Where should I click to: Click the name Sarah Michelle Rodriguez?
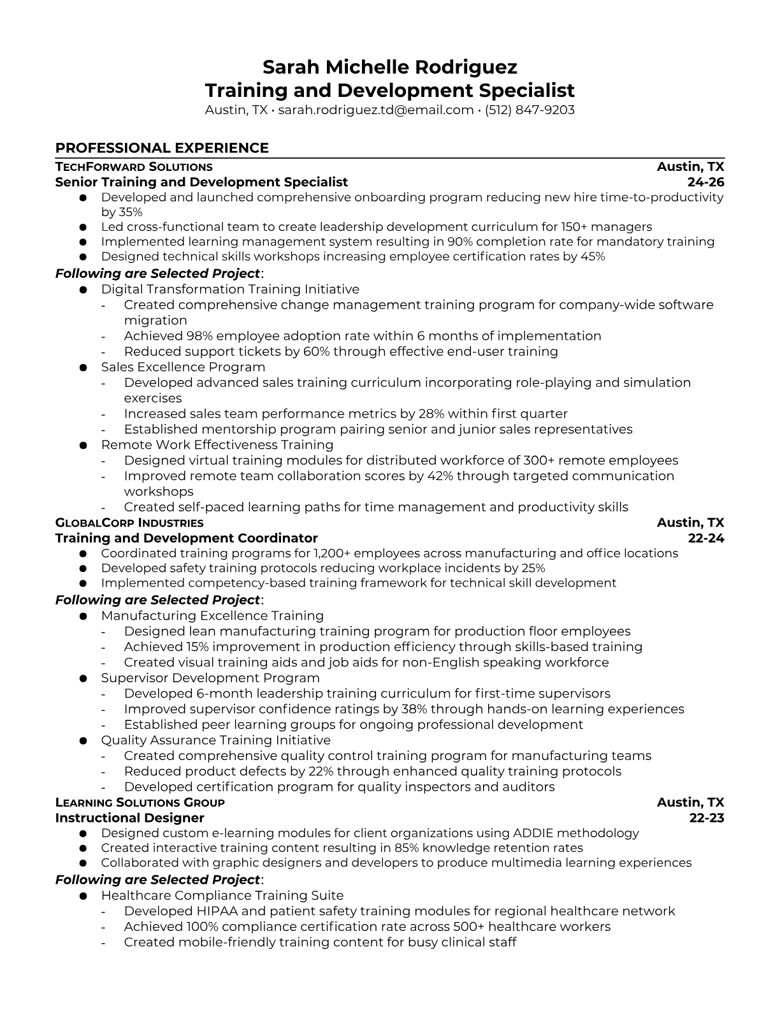(x=389, y=67)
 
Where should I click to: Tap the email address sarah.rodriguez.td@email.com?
(x=376, y=110)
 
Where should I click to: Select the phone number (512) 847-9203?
(x=530, y=110)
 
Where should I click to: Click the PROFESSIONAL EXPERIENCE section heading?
(x=162, y=148)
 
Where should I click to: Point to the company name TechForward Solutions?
(x=134, y=167)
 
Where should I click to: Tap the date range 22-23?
(x=707, y=818)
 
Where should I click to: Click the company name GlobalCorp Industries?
(x=129, y=523)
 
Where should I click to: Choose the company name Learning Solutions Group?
(x=140, y=803)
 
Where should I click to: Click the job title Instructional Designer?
(x=129, y=818)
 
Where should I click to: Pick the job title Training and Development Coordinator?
(x=186, y=538)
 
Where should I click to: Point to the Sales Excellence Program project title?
(x=183, y=367)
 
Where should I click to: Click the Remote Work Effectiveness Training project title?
(x=217, y=445)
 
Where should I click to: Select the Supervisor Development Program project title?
(x=210, y=678)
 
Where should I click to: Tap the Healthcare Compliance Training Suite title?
(x=222, y=896)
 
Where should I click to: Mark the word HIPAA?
(x=217, y=911)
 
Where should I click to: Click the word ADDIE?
(x=538, y=833)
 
